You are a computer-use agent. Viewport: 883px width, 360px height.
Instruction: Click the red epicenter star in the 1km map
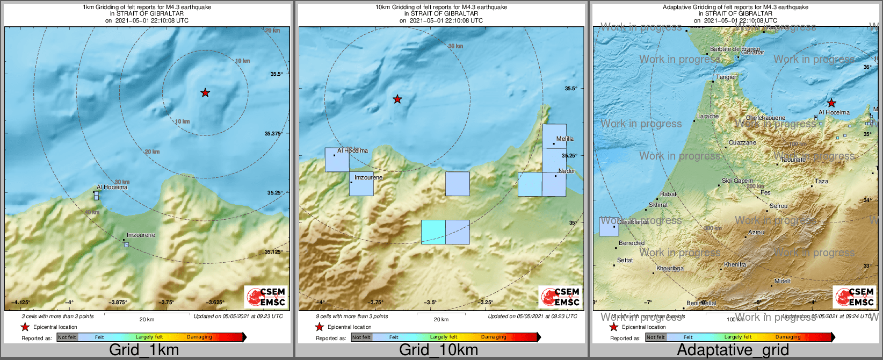click(205, 93)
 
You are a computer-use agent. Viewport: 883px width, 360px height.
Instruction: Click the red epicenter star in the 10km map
click(397, 99)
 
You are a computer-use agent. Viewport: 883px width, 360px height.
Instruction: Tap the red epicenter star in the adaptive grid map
click(831, 103)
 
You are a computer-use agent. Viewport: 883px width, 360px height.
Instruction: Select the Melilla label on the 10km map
click(564, 139)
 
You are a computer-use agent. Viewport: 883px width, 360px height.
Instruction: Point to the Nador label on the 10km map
click(567, 171)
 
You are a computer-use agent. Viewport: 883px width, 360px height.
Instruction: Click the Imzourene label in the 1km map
click(141, 235)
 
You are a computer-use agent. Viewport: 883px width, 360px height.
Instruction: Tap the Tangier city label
click(726, 77)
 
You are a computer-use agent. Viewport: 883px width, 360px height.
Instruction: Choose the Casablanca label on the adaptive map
click(633, 222)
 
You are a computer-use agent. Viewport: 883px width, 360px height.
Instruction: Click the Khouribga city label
click(670, 268)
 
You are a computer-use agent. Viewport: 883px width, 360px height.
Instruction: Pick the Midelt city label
click(783, 281)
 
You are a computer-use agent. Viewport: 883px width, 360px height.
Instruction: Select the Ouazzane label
click(742, 142)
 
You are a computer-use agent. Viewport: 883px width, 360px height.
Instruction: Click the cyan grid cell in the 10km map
click(433, 232)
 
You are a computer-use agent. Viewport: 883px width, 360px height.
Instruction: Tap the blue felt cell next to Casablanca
click(609, 227)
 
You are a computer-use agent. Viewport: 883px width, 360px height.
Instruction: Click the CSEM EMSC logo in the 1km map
click(265, 297)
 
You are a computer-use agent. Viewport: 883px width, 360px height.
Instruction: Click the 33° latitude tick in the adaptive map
click(867, 266)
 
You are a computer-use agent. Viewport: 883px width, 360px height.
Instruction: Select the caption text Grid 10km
click(438, 350)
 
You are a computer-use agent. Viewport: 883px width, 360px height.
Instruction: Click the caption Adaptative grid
click(733, 350)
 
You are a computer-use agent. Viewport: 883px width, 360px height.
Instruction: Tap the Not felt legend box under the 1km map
click(67, 337)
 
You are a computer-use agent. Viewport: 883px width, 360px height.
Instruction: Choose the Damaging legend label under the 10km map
click(494, 337)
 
